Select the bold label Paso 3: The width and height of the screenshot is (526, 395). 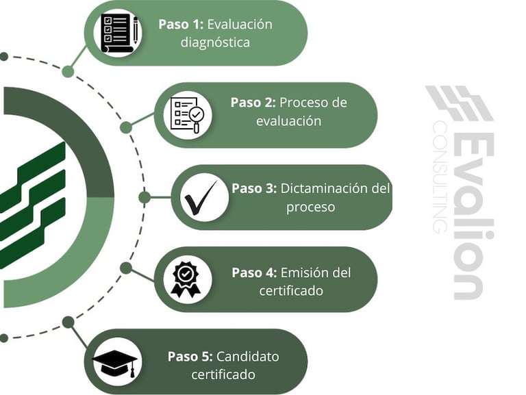pos(253,188)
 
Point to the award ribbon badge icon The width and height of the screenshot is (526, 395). pos(186,279)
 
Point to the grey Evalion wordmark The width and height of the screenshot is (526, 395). pos(471,212)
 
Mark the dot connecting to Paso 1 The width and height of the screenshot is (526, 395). pos(68,71)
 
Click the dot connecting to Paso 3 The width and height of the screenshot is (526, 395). pos(145,197)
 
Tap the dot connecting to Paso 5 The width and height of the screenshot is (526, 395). pos(68,322)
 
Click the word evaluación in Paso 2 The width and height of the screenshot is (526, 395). pos(288,121)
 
